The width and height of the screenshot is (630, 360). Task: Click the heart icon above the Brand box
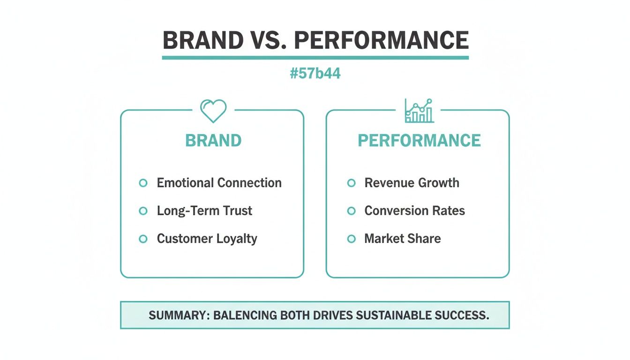(213, 111)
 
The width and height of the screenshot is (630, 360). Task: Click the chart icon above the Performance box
(419, 111)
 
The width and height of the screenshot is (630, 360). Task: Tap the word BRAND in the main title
(202, 41)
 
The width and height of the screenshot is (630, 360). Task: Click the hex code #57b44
(315, 74)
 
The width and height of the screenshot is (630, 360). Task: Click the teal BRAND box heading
(213, 141)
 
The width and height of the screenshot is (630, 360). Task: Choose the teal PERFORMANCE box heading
(419, 141)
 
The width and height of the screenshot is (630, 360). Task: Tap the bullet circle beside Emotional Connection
(143, 183)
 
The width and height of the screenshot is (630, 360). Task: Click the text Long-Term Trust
(204, 211)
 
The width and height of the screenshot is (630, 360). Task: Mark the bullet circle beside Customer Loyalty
(143, 239)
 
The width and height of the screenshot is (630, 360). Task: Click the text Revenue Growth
(412, 183)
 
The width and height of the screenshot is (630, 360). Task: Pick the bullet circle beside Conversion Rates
(351, 211)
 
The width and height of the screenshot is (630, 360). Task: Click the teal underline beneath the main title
(315, 58)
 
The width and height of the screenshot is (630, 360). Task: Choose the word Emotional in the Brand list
(185, 183)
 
